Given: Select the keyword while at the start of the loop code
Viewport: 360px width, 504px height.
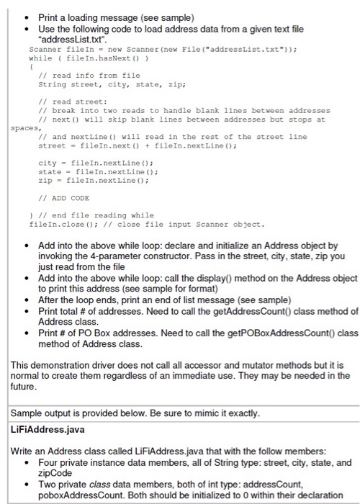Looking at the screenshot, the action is (40, 58).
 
